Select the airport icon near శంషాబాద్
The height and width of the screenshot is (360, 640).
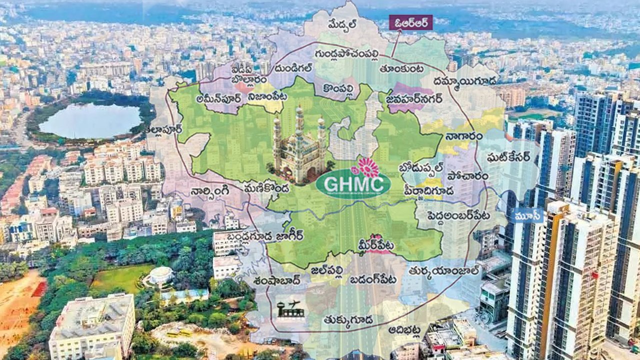(290, 308)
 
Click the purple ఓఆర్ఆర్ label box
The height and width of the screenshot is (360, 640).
(411, 22)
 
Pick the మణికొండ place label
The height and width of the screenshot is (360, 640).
(267, 189)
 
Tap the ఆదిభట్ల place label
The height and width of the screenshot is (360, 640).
(404, 330)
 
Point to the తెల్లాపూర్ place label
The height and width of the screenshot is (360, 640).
(163, 129)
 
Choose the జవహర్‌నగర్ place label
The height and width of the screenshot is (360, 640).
(407, 98)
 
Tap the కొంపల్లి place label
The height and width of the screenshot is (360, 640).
(341, 88)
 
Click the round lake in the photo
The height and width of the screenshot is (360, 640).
(90, 120)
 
